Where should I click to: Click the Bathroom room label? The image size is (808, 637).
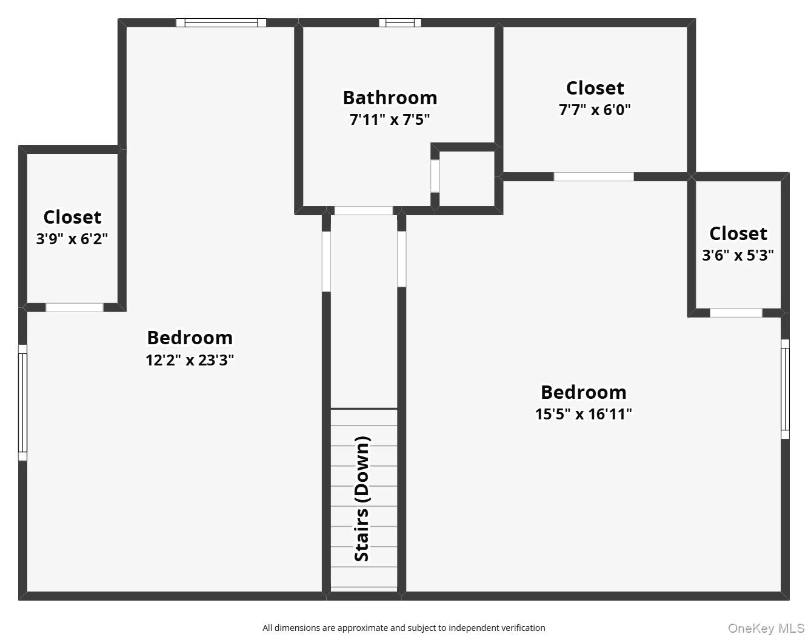(389, 98)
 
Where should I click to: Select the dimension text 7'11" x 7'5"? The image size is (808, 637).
(389, 119)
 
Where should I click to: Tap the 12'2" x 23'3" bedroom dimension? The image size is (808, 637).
(190, 360)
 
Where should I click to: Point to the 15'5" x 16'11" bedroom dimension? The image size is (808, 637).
(583, 414)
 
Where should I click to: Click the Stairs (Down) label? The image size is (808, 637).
(362, 499)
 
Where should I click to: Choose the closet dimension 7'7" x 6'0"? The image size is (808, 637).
(595, 110)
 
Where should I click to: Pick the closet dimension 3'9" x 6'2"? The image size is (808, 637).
(72, 239)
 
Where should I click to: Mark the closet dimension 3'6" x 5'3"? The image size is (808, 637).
(738, 255)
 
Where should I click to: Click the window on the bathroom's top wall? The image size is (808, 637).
(400, 23)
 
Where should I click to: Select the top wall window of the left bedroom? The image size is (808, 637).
(221, 23)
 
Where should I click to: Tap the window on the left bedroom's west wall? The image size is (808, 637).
(22, 402)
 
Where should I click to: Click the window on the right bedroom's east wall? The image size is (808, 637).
(785, 389)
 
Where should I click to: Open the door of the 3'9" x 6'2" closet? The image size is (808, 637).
(75, 307)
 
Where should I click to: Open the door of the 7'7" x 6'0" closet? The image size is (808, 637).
(593, 177)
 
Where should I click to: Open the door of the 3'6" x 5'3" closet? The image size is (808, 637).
(736, 313)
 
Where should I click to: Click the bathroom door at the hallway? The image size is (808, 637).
(364, 210)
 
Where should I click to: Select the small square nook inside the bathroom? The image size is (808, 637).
(466, 178)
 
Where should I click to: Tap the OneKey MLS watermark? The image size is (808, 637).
(766, 628)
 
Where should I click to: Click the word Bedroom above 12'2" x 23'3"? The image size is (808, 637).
(190, 338)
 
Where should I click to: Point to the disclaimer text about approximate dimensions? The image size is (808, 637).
(404, 628)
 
